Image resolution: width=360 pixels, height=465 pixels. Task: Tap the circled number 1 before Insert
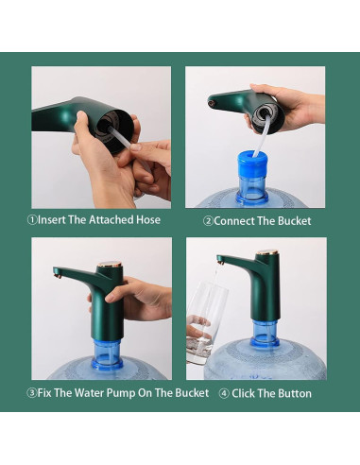click(x=31, y=220)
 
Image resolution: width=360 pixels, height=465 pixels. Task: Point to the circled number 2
click(x=208, y=221)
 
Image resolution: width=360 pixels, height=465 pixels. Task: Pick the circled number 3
click(x=31, y=393)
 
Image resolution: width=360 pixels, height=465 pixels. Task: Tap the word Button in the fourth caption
click(x=293, y=393)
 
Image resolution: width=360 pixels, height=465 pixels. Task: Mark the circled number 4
click(x=224, y=393)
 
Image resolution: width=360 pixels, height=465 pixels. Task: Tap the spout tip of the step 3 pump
click(x=58, y=274)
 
